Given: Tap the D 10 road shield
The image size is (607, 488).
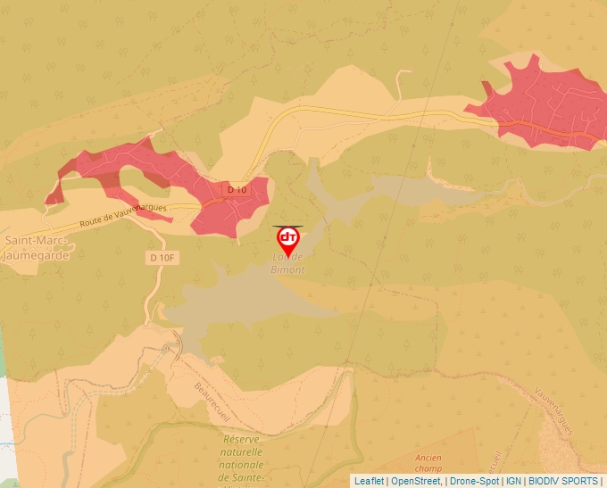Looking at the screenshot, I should (236, 189).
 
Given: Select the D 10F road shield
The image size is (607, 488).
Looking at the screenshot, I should (157, 258).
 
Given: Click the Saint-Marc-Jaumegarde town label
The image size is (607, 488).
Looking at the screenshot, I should (38, 247).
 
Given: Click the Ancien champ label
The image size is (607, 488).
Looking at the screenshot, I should (428, 463).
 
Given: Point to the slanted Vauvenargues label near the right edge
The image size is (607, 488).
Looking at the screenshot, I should (554, 410).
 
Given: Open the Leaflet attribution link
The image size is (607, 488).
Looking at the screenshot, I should (369, 481).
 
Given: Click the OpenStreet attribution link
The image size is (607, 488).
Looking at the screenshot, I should (415, 481).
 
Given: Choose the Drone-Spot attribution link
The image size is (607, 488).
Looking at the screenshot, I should (473, 481).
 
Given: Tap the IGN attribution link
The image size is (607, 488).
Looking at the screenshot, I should (513, 481).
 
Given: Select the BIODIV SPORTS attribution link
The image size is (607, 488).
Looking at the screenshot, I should (563, 481).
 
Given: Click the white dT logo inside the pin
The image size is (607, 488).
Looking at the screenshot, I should (288, 237).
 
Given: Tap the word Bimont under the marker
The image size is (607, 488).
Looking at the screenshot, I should (288, 269).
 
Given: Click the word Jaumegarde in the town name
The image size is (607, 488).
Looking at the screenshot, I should (38, 254).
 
